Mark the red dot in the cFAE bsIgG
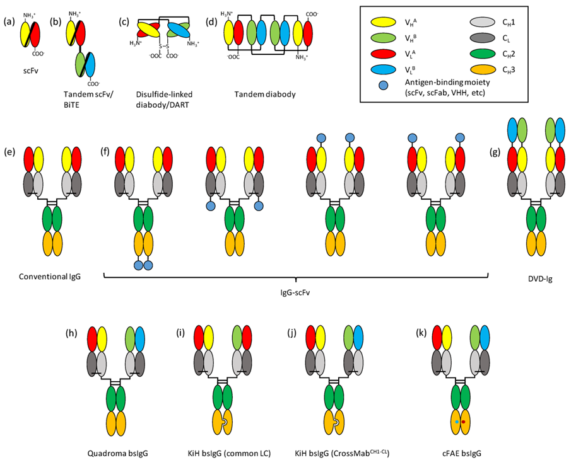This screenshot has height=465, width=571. (464, 422)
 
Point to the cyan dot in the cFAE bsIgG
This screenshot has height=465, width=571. (456, 422)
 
